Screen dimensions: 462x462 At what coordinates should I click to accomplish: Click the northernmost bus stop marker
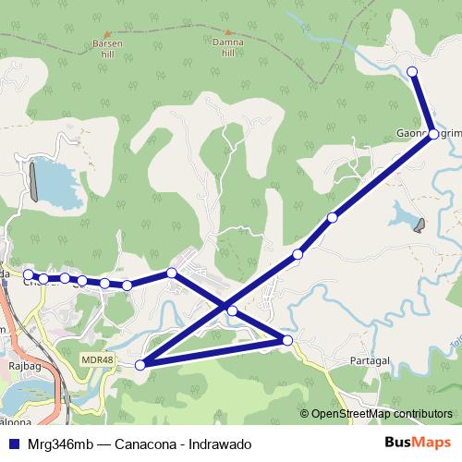click(412, 71)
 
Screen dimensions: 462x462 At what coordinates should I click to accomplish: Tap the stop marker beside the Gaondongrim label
click(433, 134)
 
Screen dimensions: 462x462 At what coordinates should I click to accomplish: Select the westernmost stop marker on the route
click(28, 274)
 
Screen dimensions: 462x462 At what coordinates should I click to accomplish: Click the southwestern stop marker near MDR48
click(140, 365)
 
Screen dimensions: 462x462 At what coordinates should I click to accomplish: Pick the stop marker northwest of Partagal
click(287, 341)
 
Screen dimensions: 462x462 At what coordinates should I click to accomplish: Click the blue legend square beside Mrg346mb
click(12, 444)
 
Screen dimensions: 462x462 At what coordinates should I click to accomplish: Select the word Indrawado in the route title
click(222, 444)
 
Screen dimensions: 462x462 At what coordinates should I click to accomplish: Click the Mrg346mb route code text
click(58, 444)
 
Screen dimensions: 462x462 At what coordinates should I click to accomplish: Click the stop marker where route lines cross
click(232, 310)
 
